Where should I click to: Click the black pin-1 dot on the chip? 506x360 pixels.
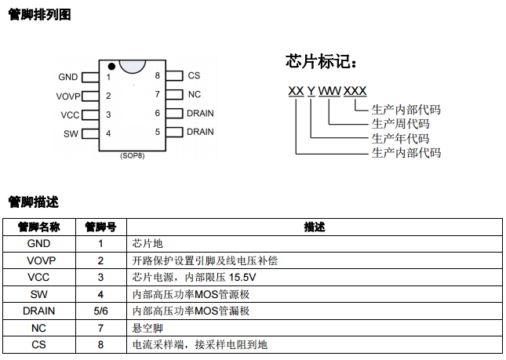click(111, 67)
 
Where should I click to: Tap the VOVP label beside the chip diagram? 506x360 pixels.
click(68, 96)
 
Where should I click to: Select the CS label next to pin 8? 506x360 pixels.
click(194, 75)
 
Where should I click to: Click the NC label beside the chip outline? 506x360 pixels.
click(195, 94)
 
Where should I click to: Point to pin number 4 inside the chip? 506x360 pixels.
click(108, 133)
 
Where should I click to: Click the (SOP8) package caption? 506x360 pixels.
click(133, 156)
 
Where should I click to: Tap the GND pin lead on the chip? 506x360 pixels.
click(90, 78)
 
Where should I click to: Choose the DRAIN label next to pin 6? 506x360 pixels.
click(200, 113)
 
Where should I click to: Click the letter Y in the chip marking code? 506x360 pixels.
click(311, 91)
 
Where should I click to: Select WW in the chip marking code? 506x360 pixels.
click(329, 91)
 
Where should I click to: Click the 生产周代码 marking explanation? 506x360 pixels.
click(400, 124)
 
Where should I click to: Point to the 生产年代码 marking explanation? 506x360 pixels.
click(400, 139)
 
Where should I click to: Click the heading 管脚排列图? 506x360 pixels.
click(39, 15)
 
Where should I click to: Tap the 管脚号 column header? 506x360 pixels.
click(100, 227)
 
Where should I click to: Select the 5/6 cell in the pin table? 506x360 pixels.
click(100, 311)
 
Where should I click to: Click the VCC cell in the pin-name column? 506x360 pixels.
click(38, 278)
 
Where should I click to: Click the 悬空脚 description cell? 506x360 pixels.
click(147, 328)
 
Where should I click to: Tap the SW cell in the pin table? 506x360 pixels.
click(38, 294)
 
